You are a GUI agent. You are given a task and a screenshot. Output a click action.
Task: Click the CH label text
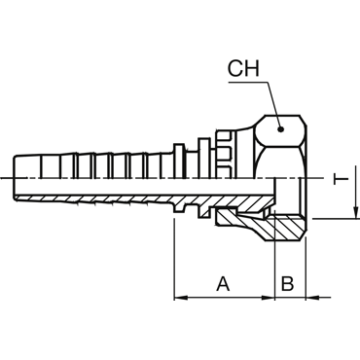click(243, 68)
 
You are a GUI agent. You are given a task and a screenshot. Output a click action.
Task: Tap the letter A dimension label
click(223, 284)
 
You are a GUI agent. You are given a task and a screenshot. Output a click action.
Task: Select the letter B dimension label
click(287, 284)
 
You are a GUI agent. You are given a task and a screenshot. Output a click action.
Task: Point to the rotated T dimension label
click(341, 179)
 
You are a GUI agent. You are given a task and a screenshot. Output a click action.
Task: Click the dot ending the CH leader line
click(281, 129)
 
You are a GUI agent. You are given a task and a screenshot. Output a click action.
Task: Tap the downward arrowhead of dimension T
click(356, 211)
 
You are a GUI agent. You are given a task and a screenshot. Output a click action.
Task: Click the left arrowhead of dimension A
click(181, 297)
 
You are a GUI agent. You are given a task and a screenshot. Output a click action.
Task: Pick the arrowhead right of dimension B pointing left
click(312, 297)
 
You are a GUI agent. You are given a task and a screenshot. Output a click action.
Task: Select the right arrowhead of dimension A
click(268, 297)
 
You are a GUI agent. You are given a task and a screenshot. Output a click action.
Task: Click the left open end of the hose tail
click(14, 178)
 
